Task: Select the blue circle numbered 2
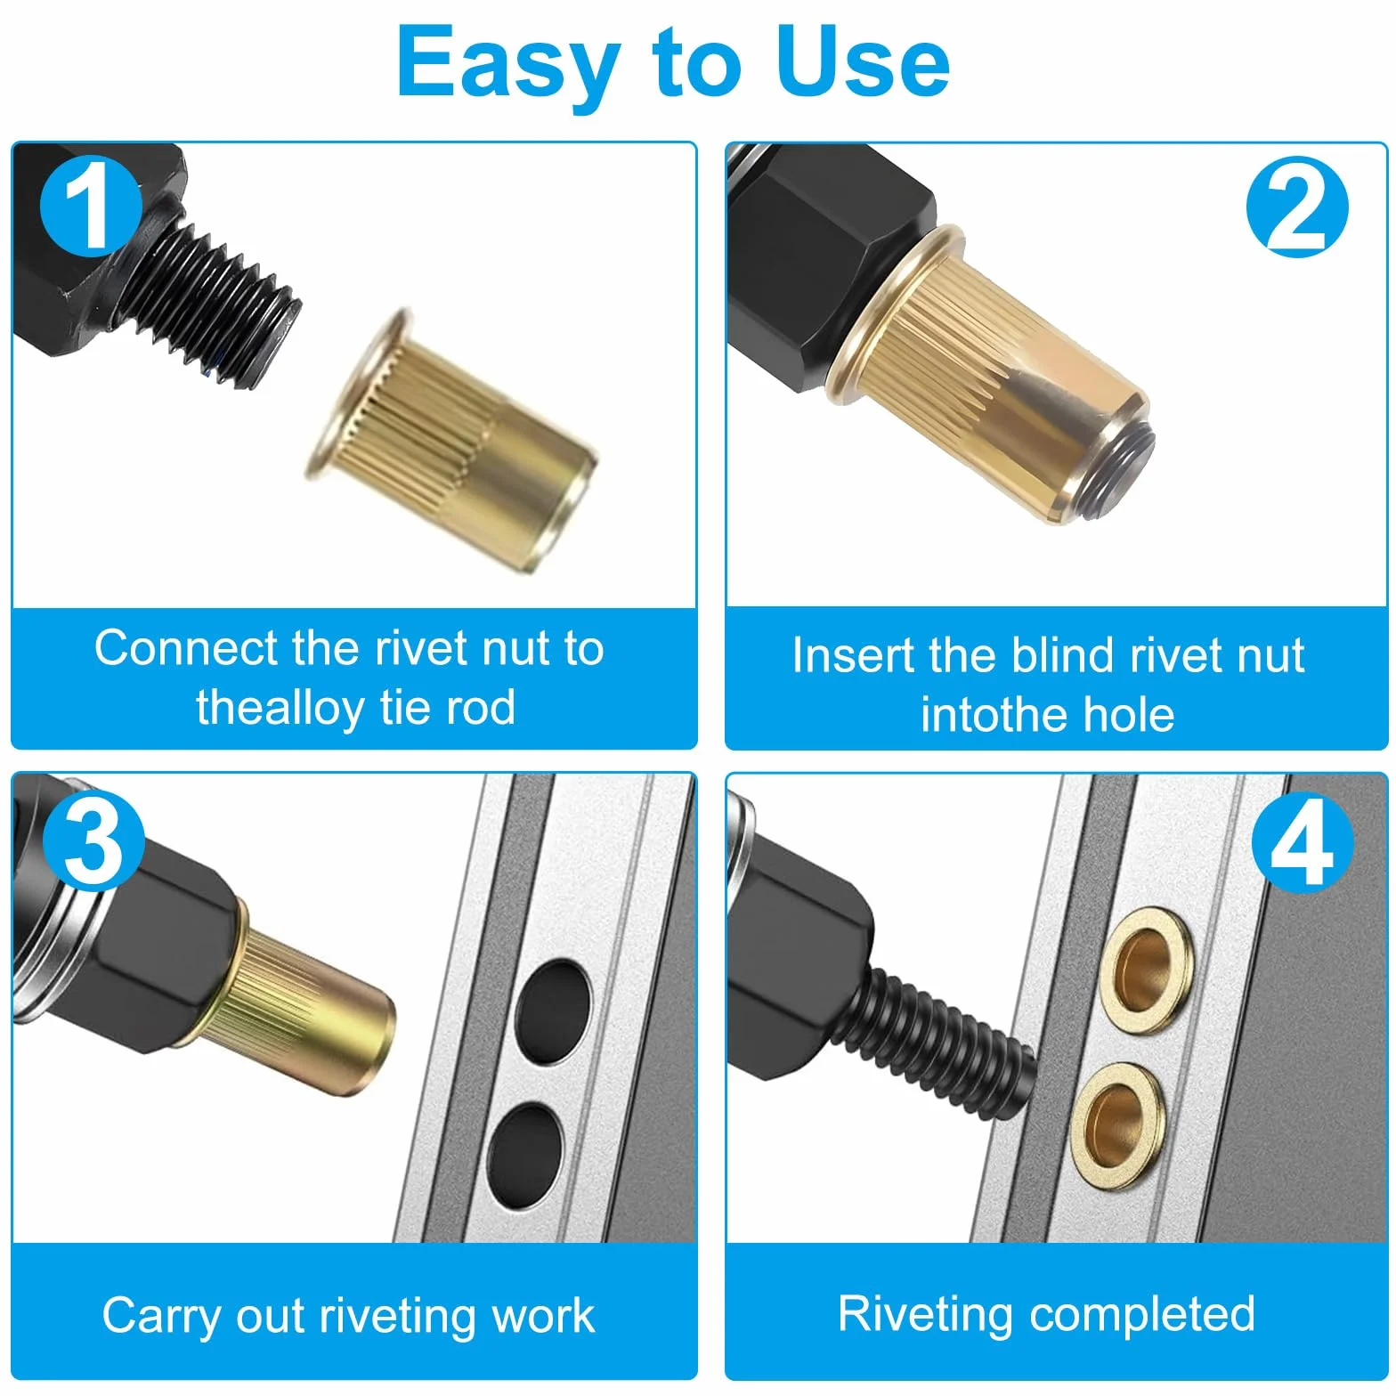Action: pos(1297,207)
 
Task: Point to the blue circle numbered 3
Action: pos(93,840)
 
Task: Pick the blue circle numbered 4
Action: pos(1303,841)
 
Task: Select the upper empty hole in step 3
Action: pos(553,1011)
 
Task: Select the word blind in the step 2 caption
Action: pos(1062,655)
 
